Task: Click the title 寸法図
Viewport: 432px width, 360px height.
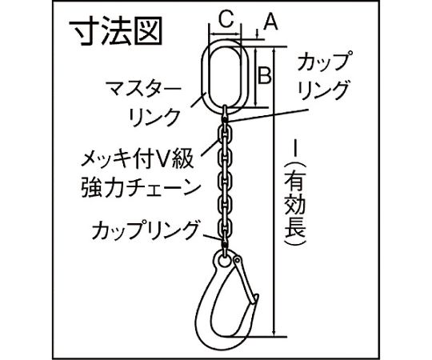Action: (x=115, y=31)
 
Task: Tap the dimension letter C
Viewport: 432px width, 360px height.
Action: (x=226, y=19)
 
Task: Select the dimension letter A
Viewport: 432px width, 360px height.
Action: (x=270, y=22)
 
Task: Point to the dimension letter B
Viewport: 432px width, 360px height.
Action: (x=265, y=75)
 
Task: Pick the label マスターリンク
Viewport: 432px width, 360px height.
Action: (x=145, y=103)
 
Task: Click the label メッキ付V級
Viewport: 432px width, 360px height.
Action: (x=138, y=160)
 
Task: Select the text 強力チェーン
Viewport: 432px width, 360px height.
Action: (x=141, y=188)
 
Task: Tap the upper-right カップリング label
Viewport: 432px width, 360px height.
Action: (x=323, y=76)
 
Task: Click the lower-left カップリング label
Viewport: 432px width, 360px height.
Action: (x=145, y=230)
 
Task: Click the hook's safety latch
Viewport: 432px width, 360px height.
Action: (x=245, y=278)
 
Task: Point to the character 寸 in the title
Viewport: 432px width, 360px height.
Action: (x=83, y=31)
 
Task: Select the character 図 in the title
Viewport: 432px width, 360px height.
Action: (x=148, y=31)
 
